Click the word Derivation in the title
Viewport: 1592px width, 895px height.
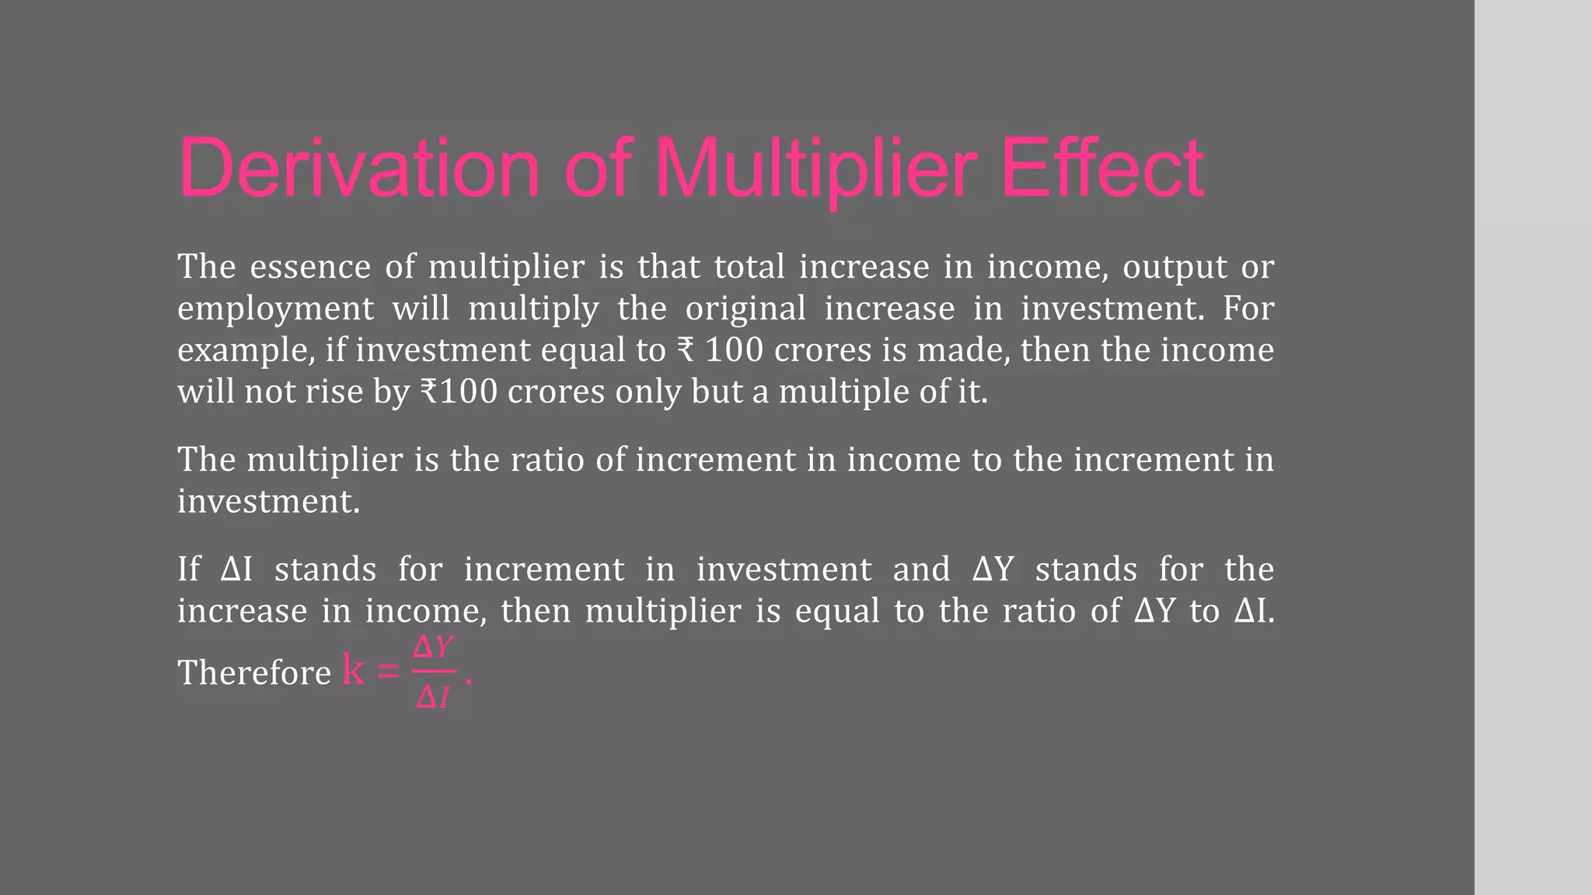pyautogui.click(x=359, y=169)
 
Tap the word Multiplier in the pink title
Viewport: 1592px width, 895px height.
pyautogui.click(x=816, y=169)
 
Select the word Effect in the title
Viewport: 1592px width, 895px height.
pyautogui.click(x=1102, y=169)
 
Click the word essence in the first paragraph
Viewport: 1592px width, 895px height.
pyautogui.click(x=310, y=267)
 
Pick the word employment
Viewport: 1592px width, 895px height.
pyautogui.click(x=275, y=308)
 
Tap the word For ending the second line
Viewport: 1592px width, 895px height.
pyautogui.click(x=1248, y=308)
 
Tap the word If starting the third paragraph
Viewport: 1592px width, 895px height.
pyautogui.click(x=188, y=569)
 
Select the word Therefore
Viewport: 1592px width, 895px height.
pyautogui.click(x=254, y=673)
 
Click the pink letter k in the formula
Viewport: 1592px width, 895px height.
pyautogui.click(x=354, y=670)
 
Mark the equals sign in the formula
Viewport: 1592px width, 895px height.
pyautogui.click(x=387, y=671)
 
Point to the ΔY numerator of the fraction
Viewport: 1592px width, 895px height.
pyautogui.click(x=433, y=646)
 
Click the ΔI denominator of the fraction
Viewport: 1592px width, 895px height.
pyautogui.click(x=433, y=698)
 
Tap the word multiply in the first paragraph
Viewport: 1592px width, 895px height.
pyautogui.click(x=533, y=308)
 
